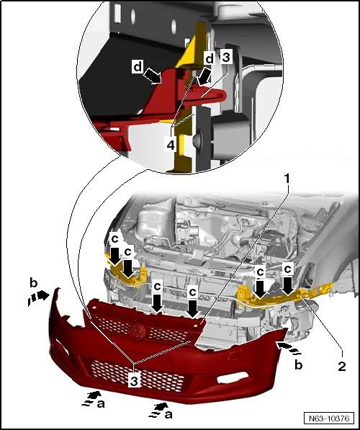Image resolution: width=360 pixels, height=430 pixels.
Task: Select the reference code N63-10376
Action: [x=329, y=418]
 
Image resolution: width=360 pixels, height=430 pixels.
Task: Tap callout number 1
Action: [x=287, y=179]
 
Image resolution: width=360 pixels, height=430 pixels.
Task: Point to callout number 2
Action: [x=341, y=366]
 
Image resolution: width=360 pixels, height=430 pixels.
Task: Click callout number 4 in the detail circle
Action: [x=171, y=145]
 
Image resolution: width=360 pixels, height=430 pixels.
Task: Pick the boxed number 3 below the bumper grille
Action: [x=134, y=381]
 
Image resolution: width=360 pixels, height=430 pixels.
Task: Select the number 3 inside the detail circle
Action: [x=226, y=58]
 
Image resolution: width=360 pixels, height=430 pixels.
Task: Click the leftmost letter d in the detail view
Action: [x=138, y=66]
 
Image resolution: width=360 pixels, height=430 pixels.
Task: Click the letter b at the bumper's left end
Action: [x=33, y=283]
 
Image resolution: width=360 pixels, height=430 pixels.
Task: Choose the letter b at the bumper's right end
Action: [x=298, y=364]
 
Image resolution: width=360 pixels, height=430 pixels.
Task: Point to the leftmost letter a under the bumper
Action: [x=101, y=403]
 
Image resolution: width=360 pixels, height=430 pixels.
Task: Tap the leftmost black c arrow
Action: [x=114, y=257]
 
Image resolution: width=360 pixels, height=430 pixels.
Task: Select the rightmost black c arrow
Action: [x=287, y=286]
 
